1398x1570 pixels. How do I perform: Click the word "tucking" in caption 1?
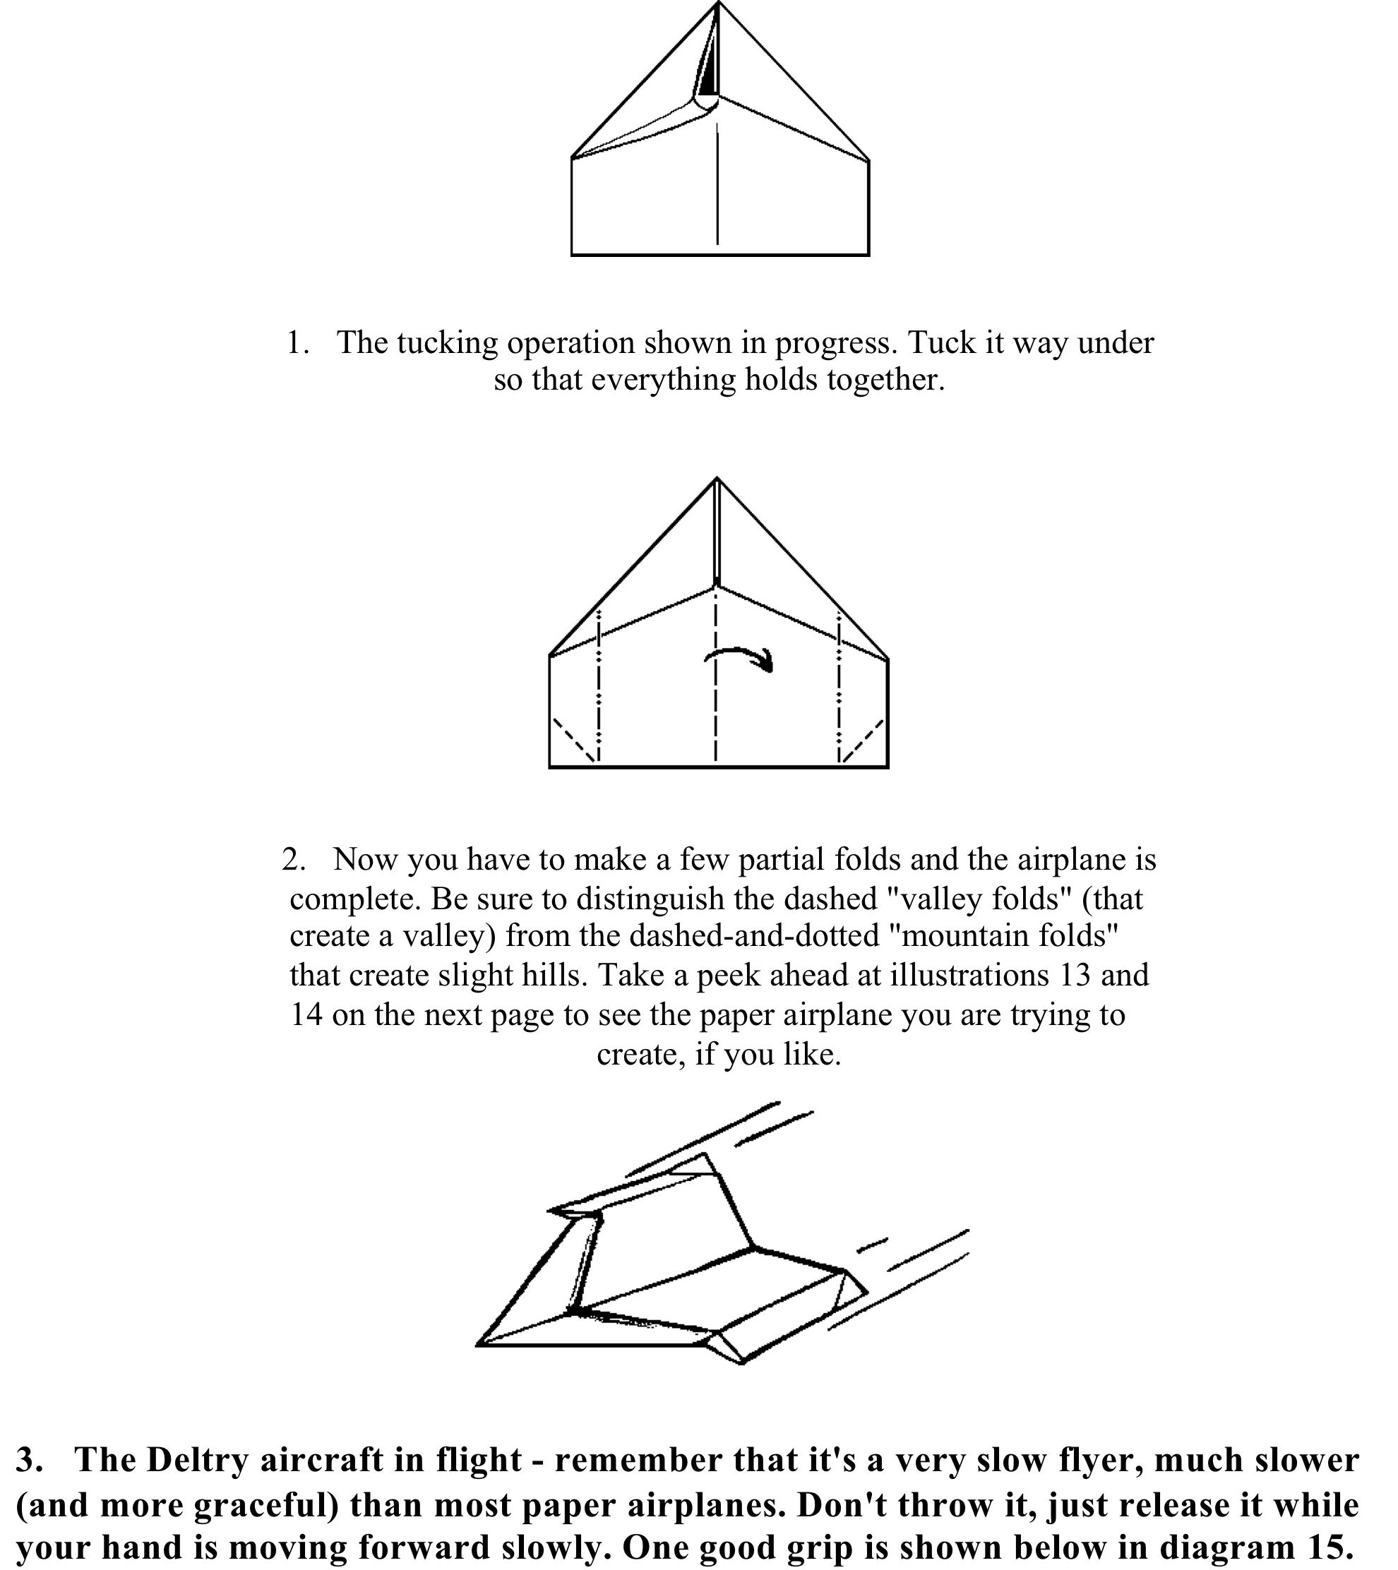tap(446, 342)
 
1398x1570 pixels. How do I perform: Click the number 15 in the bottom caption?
tap(1322, 1547)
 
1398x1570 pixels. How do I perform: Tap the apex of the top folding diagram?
tap(718, 4)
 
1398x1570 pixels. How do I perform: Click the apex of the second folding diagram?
tap(717, 479)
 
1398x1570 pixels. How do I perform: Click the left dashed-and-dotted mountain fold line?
tap(598, 683)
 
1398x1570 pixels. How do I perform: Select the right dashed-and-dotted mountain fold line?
tap(839, 683)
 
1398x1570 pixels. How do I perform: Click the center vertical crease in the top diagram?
tap(717, 192)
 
